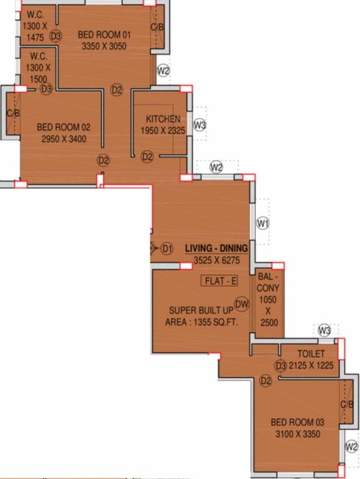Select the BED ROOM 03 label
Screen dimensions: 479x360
pos(296,422)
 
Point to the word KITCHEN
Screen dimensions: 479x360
pos(163,119)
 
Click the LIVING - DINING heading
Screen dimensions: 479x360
pos(216,248)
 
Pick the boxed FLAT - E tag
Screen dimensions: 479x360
pos(221,281)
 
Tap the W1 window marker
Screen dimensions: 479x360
pos(263,223)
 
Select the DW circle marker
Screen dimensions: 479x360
pos(242,304)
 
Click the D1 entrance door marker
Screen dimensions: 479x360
pos(167,249)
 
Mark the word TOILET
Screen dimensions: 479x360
pos(311,354)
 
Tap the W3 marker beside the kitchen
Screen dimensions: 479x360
pos(200,125)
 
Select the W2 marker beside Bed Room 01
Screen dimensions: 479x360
pos(163,70)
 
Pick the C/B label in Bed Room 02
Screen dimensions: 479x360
pos(13,113)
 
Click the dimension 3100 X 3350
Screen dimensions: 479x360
pos(296,433)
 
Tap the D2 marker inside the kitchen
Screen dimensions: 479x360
pos(147,157)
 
